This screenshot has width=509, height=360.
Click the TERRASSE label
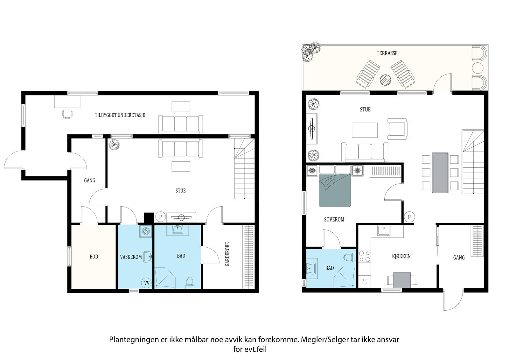pos(387,53)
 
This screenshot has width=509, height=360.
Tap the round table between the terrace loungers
pos(386,80)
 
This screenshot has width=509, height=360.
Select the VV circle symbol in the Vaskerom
pos(147,283)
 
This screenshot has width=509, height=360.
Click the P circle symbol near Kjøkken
pos(409,217)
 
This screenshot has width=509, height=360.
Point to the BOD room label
pos(94,257)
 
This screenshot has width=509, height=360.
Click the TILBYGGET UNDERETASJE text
pos(120,115)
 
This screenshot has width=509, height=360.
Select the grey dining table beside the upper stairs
pos(440,173)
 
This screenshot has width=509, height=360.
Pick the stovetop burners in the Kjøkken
pos(365,257)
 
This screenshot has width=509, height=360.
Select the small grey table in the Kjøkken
pos(402,280)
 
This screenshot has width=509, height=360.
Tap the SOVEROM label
pos(334,219)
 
